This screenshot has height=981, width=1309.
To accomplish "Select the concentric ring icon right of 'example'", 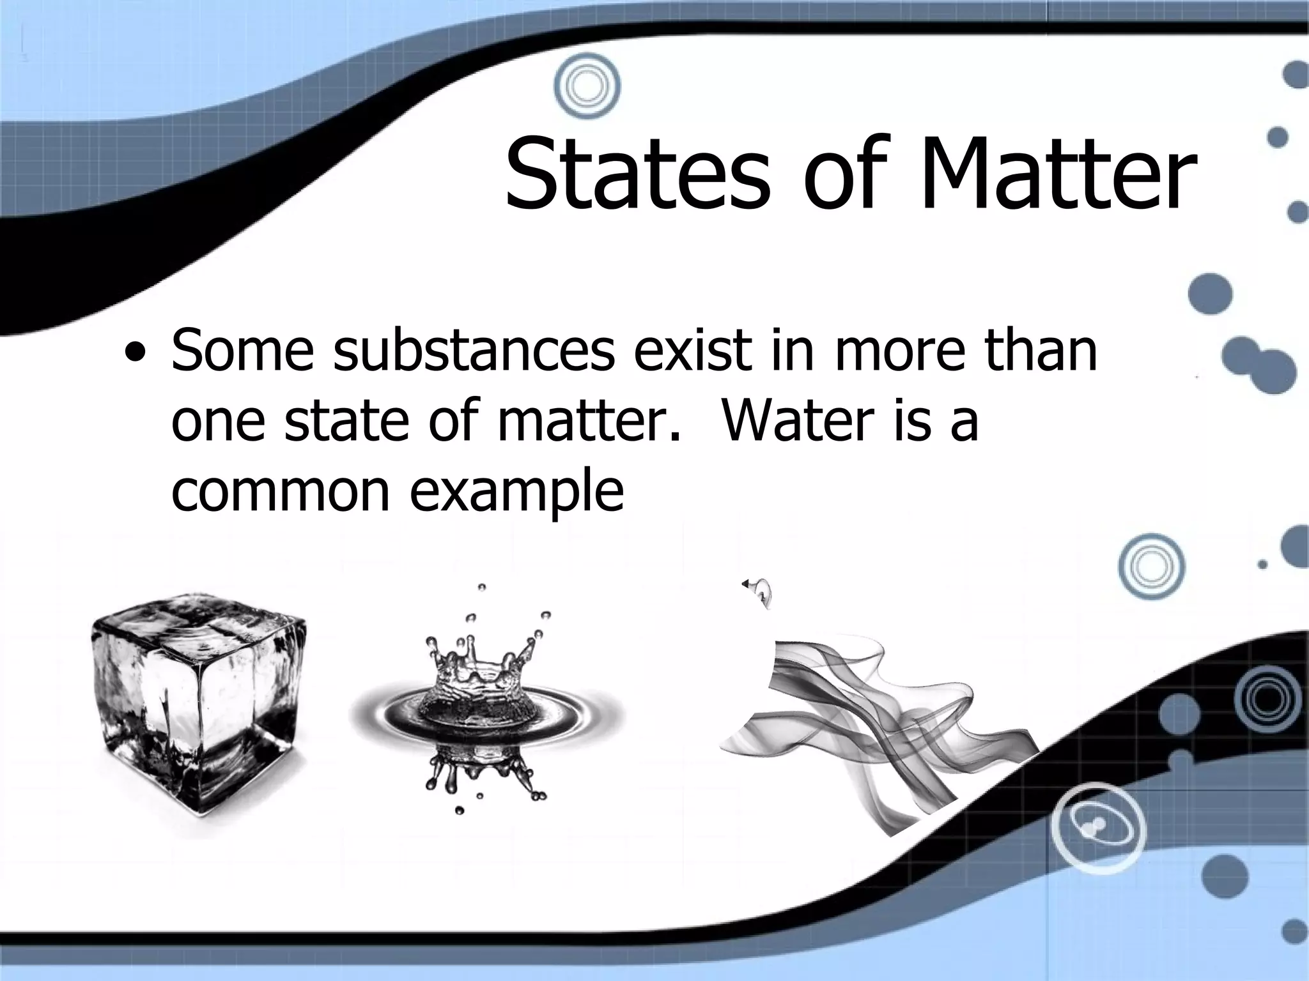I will click(1151, 566).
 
